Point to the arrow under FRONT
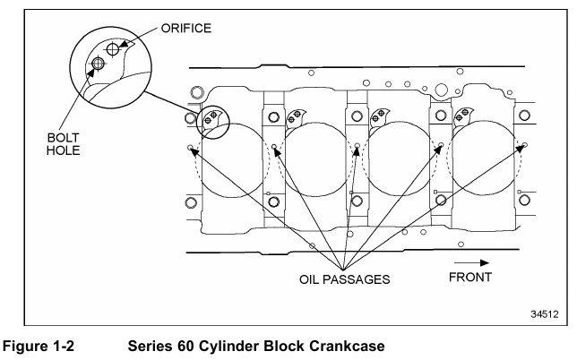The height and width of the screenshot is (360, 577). click(x=476, y=261)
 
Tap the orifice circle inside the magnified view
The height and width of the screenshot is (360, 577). click(x=111, y=48)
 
